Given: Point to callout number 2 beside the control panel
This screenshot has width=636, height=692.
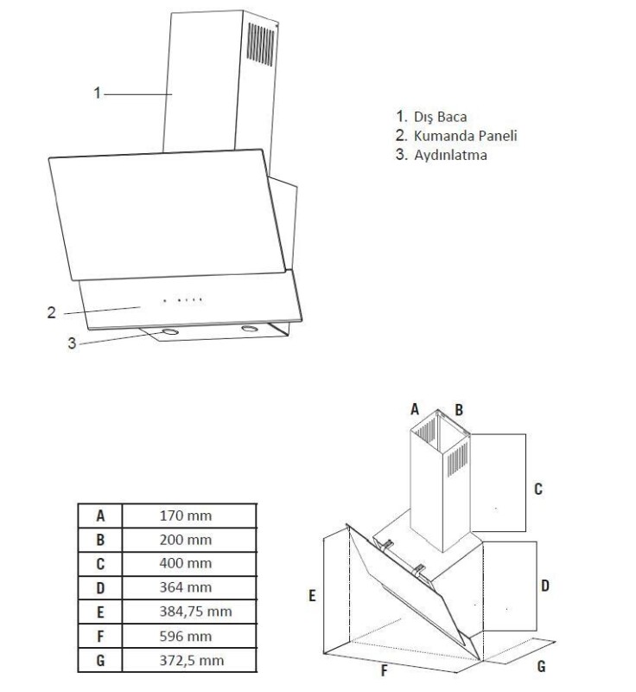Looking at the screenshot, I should [x=51, y=312].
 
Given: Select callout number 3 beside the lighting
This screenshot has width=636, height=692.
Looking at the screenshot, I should [x=73, y=343].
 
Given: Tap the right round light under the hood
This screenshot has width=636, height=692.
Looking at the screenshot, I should [x=251, y=330].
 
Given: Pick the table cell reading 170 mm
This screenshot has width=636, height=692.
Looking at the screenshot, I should [x=186, y=516].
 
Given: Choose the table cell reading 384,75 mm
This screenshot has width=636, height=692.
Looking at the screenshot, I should [x=195, y=612].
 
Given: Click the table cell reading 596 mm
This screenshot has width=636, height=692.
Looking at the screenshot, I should [x=186, y=636].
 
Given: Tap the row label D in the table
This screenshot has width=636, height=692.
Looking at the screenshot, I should [x=100, y=588].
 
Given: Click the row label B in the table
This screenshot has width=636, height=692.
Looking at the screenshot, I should [x=100, y=540].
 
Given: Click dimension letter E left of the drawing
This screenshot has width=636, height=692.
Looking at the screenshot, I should [x=311, y=595].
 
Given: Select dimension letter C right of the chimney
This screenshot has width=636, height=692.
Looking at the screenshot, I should [x=537, y=490].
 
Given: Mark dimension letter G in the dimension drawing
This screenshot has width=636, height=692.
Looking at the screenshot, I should [x=541, y=667].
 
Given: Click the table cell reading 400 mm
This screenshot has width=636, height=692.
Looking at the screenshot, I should [x=186, y=564].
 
